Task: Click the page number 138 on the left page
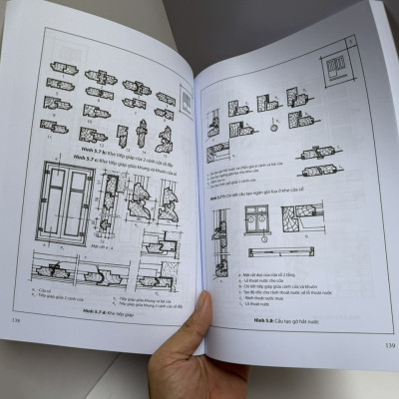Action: [x=12, y=321]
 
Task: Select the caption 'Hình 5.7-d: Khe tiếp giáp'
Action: [x=92, y=310]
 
